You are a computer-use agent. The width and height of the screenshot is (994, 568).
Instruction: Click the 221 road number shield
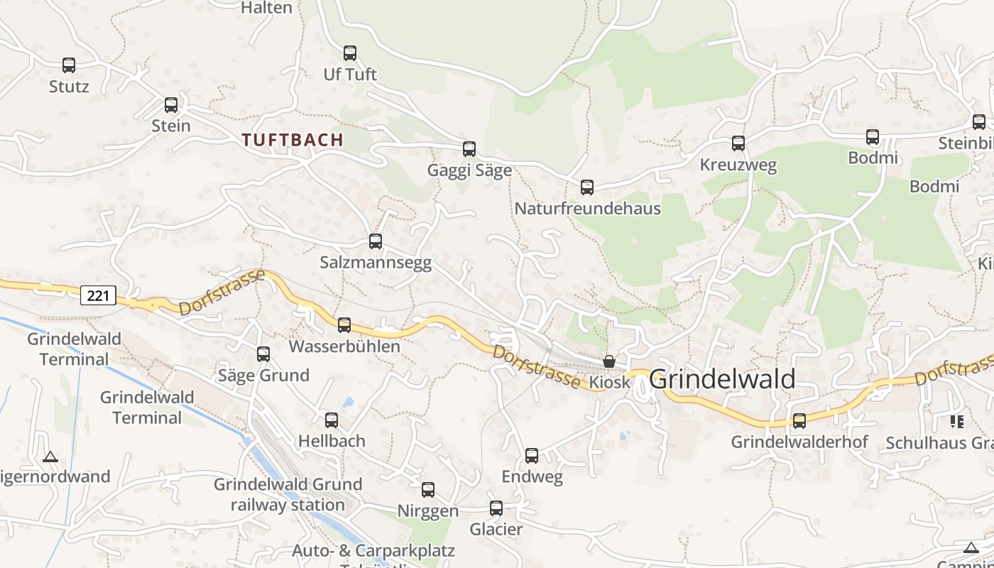(x=97, y=295)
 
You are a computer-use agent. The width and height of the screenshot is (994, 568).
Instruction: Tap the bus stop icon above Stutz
(x=69, y=65)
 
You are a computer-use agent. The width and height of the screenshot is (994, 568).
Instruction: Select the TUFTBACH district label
(x=293, y=140)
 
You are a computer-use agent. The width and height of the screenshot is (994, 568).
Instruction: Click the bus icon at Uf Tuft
(x=350, y=53)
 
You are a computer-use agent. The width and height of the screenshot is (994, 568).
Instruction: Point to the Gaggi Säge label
(x=469, y=170)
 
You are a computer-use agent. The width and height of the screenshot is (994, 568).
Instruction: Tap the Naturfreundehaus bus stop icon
(x=587, y=187)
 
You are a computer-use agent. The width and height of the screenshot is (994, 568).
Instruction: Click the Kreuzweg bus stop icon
(x=738, y=143)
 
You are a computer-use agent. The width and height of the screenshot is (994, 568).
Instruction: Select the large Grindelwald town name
(x=722, y=379)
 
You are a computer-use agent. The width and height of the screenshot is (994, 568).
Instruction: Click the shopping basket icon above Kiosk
(x=609, y=361)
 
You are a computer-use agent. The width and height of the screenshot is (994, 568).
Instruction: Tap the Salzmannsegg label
(x=376, y=263)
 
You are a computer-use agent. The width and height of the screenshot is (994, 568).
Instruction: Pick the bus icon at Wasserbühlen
(x=344, y=325)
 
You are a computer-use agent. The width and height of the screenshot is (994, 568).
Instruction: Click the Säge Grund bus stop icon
(x=263, y=354)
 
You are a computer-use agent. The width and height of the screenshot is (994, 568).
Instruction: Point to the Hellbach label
(x=332, y=441)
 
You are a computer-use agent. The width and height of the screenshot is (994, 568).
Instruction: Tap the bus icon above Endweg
(x=532, y=456)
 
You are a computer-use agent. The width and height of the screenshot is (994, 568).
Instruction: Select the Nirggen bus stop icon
(x=428, y=490)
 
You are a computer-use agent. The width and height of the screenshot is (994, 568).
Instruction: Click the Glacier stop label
(x=496, y=529)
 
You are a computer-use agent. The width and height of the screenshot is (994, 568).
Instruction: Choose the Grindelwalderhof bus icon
(x=799, y=421)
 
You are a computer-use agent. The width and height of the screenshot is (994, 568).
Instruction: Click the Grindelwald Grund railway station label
(x=288, y=495)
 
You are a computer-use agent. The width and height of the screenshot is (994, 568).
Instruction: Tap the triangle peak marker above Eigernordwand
(x=50, y=457)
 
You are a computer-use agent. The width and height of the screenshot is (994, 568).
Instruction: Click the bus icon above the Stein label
(x=171, y=105)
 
